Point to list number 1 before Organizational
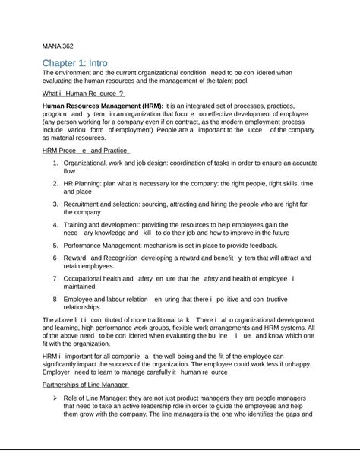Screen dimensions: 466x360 click(55, 163)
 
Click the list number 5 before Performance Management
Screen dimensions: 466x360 click(55, 246)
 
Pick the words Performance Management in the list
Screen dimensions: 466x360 click(111, 246)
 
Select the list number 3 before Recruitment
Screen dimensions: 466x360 click(55, 204)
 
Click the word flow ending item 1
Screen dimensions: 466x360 click(69, 172)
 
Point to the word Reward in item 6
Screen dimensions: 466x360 click(76, 258)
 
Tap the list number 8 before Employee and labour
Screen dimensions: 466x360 click(55, 300)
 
